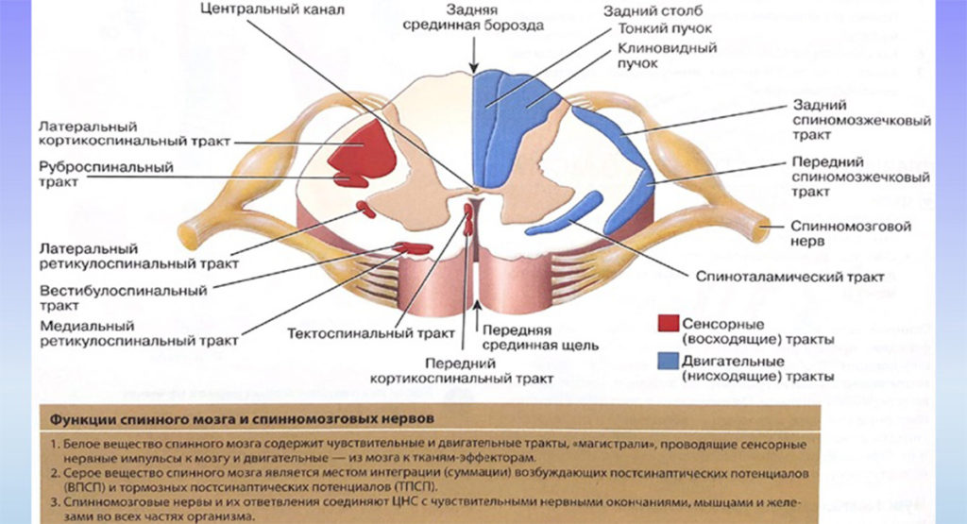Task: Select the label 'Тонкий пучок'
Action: pos(653,28)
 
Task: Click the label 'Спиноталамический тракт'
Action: pos(789,278)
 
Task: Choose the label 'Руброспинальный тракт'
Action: pos(106,175)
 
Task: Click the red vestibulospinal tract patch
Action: pos(413,248)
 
